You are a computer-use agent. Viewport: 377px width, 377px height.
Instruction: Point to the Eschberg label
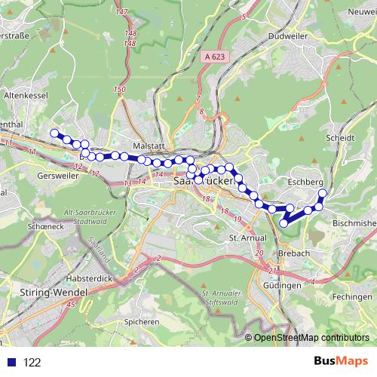pos(305,182)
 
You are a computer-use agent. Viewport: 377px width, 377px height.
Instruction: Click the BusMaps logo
pos(337,361)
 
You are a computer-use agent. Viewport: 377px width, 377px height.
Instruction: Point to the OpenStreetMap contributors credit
pos(311,337)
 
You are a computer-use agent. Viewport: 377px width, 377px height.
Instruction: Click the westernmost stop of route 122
pos(54,133)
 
